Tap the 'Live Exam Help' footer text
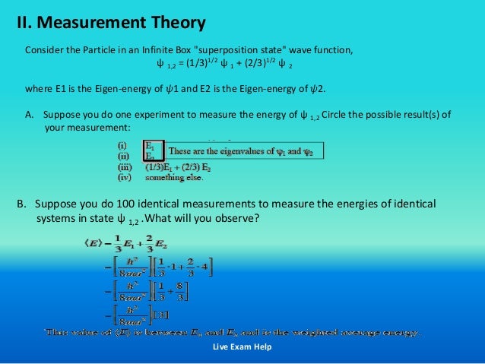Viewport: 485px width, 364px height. pos(242,347)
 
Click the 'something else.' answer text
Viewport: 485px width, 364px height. pos(174,179)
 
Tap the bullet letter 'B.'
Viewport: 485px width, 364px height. pos(22,204)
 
